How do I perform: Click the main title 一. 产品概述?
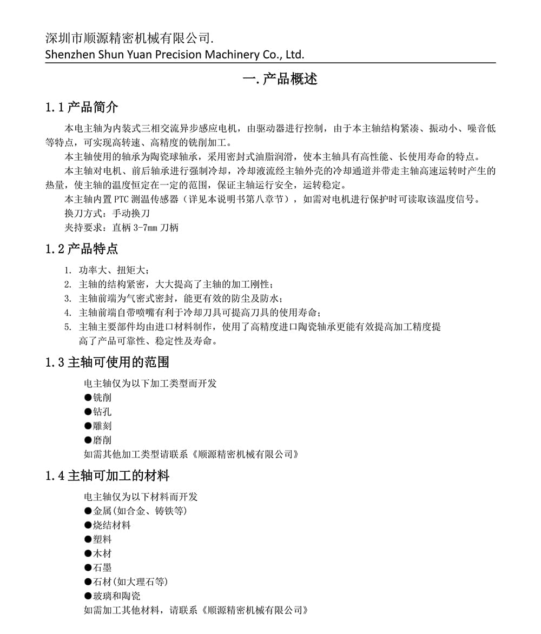tap(280, 79)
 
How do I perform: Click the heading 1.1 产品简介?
tap(82, 107)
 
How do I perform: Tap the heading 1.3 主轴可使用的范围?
tap(107, 362)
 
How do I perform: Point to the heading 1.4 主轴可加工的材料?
tap(107, 476)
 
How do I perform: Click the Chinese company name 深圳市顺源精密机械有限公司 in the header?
tap(128, 38)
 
